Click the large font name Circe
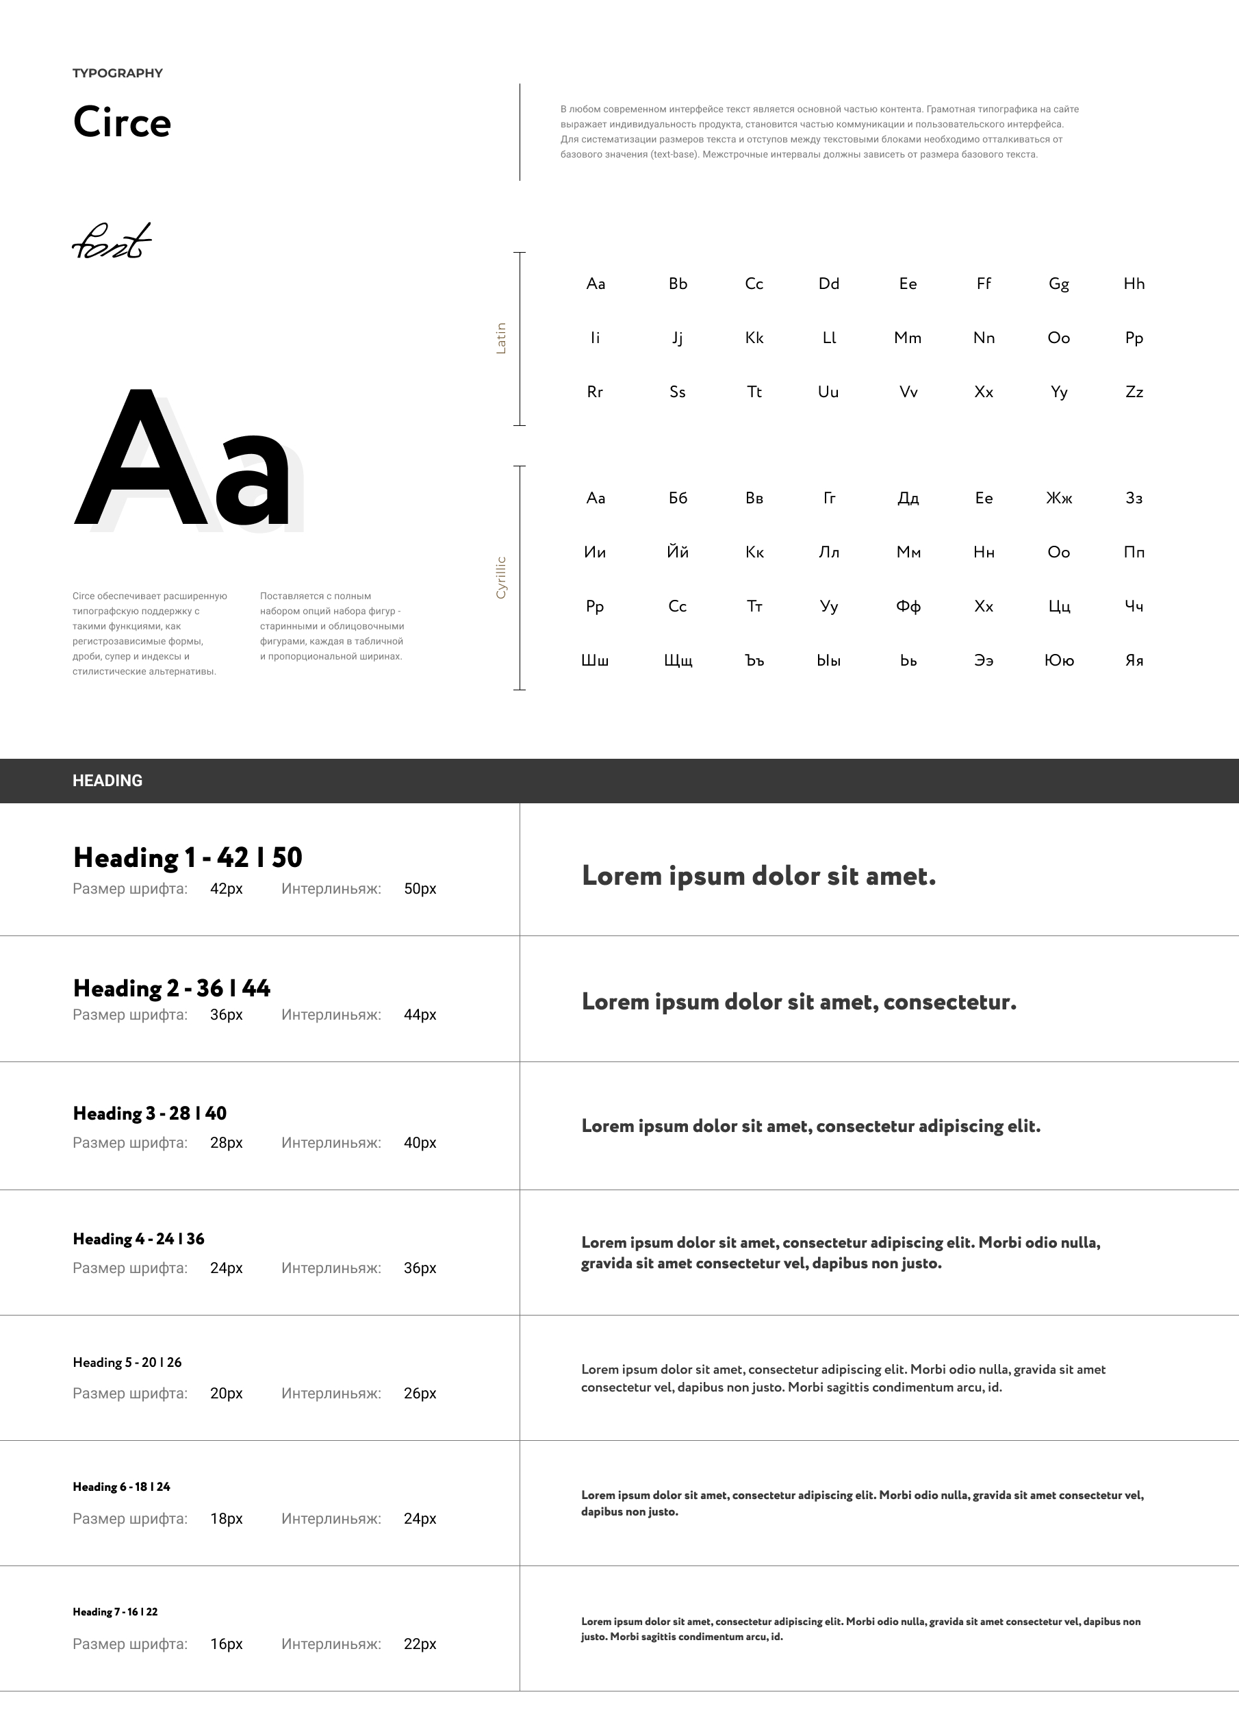click(122, 122)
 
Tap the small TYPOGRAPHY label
click(118, 73)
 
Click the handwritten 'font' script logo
click(112, 241)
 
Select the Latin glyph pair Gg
click(1058, 284)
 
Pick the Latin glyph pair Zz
click(1134, 392)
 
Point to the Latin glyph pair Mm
click(907, 338)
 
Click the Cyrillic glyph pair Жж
click(1058, 499)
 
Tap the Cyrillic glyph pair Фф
click(908, 607)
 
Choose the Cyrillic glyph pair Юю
click(1059, 661)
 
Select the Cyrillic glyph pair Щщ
click(678, 661)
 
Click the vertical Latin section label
click(501, 338)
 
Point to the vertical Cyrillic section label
click(501, 578)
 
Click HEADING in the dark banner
click(107, 781)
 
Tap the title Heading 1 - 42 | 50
click(188, 857)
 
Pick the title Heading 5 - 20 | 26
click(127, 1362)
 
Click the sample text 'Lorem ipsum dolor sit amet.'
click(758, 876)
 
